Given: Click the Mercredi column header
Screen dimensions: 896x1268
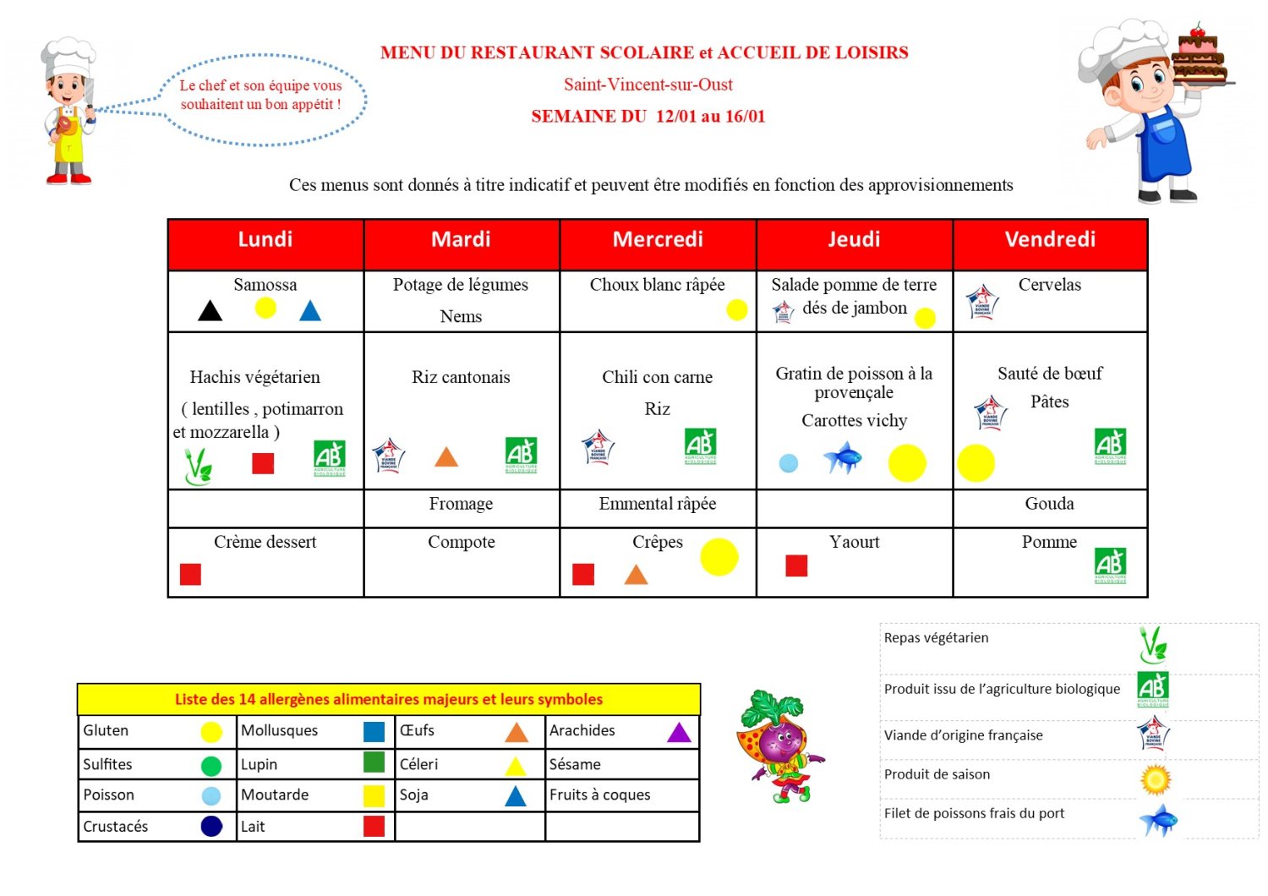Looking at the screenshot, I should [658, 240].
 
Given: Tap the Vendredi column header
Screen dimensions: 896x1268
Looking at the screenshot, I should [1050, 240].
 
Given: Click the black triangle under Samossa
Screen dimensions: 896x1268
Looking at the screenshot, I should [210, 311].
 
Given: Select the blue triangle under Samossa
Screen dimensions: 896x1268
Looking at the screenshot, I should [310, 311].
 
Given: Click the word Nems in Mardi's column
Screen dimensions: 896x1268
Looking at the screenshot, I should [461, 317].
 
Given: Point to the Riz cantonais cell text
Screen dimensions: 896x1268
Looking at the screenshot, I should [461, 377].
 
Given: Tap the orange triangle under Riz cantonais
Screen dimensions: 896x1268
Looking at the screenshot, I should [446, 457].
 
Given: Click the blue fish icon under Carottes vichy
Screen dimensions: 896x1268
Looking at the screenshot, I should [843, 459].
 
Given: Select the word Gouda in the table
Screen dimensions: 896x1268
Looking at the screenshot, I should [1049, 504].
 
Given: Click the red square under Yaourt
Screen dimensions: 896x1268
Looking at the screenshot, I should [796, 565].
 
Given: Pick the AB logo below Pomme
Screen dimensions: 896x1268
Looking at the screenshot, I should [1110, 565].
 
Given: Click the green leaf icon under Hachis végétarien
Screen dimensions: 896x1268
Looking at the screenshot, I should [198, 465].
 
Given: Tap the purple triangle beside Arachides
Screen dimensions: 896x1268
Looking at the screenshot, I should [679, 732].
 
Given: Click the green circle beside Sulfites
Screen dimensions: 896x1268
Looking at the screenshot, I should [211, 766].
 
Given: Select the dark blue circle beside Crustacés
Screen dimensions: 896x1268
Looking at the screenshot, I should [211, 827].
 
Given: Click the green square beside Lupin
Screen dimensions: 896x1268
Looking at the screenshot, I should [374, 762].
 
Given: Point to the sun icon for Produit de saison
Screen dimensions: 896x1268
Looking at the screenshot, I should [1155, 779].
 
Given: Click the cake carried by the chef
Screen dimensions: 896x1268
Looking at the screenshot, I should [1199, 57].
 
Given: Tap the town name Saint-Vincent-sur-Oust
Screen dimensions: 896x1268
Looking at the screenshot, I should [648, 85].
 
